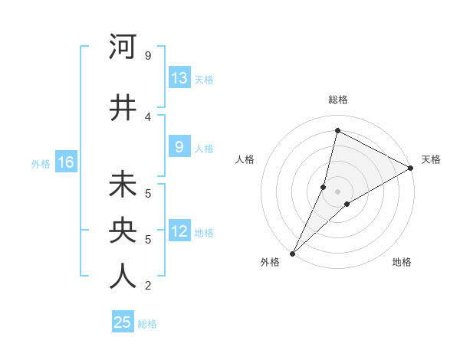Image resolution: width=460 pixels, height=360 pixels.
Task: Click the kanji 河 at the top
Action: pyautogui.click(x=123, y=47)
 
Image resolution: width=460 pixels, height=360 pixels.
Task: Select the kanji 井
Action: pyautogui.click(x=123, y=108)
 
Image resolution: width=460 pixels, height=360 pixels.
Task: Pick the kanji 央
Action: pyautogui.click(x=123, y=231)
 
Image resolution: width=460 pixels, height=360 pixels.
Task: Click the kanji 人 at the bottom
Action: pyautogui.click(x=123, y=277)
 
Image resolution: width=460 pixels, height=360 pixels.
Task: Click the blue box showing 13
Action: pyautogui.click(x=179, y=78)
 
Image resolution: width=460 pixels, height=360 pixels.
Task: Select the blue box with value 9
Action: pyautogui.click(x=179, y=148)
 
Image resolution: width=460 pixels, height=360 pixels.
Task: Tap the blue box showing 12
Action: pyautogui.click(x=179, y=232)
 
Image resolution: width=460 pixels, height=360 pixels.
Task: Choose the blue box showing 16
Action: pyautogui.click(x=65, y=162)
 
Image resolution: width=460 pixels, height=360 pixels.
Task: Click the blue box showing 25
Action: pyautogui.click(x=123, y=323)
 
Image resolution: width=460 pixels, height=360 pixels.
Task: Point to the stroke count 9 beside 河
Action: pyautogui.click(x=148, y=56)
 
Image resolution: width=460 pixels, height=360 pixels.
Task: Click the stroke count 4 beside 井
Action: pyautogui.click(x=148, y=117)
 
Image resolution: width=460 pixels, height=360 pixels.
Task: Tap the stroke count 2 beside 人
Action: pyautogui.click(x=148, y=286)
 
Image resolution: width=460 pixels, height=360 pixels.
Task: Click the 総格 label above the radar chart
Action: pyautogui.click(x=338, y=100)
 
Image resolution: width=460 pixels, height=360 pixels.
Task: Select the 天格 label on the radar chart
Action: pyautogui.click(x=431, y=159)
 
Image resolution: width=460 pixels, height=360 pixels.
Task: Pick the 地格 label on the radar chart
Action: pyautogui.click(x=402, y=263)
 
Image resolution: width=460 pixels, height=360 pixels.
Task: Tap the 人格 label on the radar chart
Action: pyautogui.click(x=245, y=159)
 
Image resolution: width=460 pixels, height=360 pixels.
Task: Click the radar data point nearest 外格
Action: pyautogui.click(x=292, y=253)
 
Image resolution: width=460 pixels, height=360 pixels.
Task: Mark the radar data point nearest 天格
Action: pyautogui.click(x=411, y=168)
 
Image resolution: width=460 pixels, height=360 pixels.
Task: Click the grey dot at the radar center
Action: pyautogui.click(x=337, y=191)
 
